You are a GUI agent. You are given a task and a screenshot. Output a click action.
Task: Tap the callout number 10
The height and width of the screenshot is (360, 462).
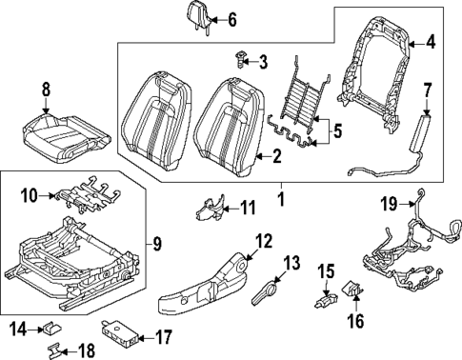pos(29,196)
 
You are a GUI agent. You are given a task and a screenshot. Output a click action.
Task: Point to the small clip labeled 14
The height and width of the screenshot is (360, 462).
pos(46,330)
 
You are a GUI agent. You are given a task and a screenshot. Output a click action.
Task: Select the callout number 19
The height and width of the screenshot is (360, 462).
pos(388,203)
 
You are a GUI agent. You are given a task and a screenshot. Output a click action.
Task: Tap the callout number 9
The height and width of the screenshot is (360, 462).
pos(156,243)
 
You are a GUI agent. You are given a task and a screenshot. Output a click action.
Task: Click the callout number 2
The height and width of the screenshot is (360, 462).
pos(275,156)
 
